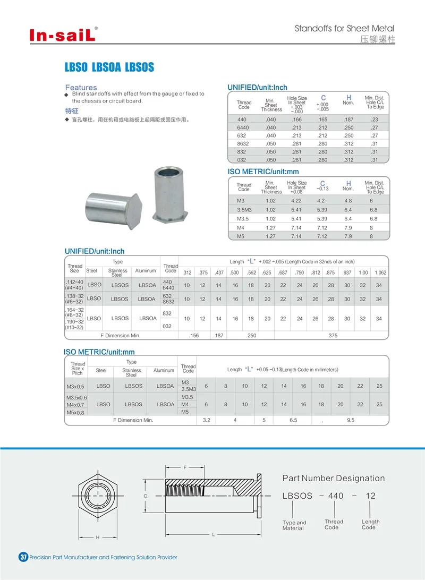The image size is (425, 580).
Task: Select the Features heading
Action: pyautogui.click(x=81, y=87)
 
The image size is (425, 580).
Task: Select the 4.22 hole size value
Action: pyautogui.click(x=296, y=200)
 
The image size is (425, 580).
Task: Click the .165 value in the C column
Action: pyautogui.click(x=322, y=120)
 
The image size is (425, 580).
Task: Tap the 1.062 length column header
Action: pyautogui.click(x=380, y=272)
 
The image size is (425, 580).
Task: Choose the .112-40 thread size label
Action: pyautogui.click(x=74, y=282)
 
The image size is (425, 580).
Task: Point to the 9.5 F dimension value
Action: pyautogui.click(x=350, y=420)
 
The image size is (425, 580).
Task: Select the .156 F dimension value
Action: pyautogui.click(x=194, y=336)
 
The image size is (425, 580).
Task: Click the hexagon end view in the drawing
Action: pyautogui.click(x=98, y=496)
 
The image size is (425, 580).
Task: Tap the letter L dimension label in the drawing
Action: pyautogui.click(x=214, y=534)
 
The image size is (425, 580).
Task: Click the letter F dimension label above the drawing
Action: pyautogui.click(x=185, y=467)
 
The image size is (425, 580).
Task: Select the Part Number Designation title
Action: pyautogui.click(x=333, y=479)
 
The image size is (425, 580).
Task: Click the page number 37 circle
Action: pyautogui.click(x=23, y=557)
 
